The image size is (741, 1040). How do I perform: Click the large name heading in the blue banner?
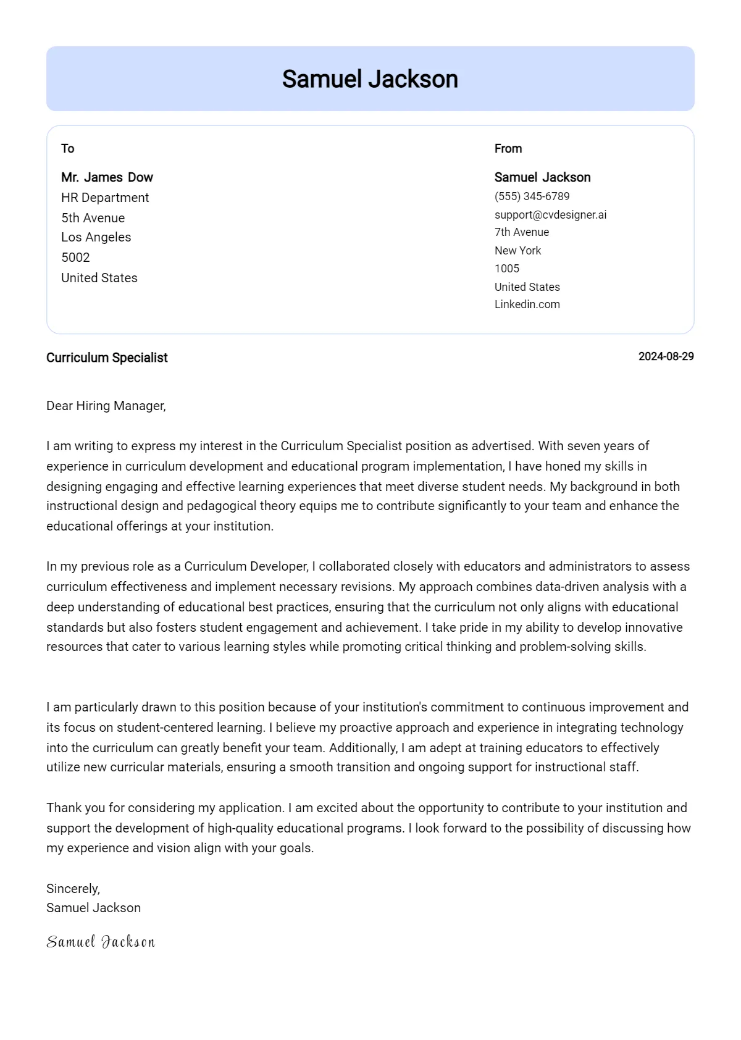click(x=370, y=79)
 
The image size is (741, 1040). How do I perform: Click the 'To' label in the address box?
click(x=67, y=149)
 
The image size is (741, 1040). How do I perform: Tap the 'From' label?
click(x=508, y=149)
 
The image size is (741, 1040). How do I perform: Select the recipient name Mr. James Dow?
click(x=107, y=178)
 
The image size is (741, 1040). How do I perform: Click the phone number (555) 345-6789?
click(x=532, y=196)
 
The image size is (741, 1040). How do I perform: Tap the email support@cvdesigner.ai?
click(x=550, y=215)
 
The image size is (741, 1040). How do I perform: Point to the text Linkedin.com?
click(x=527, y=304)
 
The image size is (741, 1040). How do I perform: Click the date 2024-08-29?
click(x=666, y=356)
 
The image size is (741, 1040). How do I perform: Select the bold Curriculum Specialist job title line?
click(x=107, y=358)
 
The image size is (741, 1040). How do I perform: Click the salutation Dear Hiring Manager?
click(x=106, y=406)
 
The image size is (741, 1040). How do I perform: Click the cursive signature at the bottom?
click(x=101, y=942)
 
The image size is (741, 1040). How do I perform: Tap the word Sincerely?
click(x=72, y=889)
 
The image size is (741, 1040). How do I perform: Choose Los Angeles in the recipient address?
click(x=96, y=237)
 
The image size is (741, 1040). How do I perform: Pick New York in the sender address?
click(x=517, y=251)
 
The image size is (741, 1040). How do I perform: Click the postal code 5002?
click(x=75, y=258)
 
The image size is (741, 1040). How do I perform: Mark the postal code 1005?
click(x=506, y=269)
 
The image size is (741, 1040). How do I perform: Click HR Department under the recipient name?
click(x=105, y=198)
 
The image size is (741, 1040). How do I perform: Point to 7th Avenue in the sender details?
click(x=521, y=232)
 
